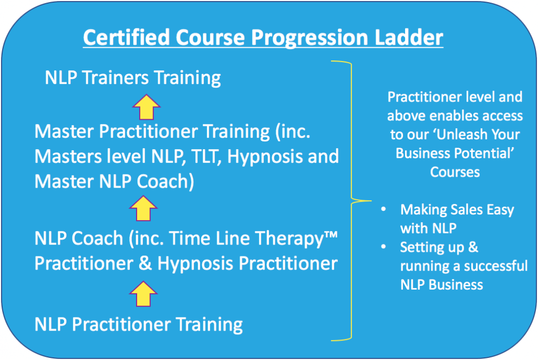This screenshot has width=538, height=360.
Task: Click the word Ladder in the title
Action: coord(409,37)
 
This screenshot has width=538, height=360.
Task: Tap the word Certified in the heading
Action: coord(127,37)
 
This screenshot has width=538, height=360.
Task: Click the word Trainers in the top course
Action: coord(116,77)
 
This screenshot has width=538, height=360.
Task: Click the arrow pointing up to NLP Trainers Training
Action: coord(146,107)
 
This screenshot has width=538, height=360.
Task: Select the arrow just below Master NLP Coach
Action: coord(143,208)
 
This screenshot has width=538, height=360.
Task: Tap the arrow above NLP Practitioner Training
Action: coord(143,294)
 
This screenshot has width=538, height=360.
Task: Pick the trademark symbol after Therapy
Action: coord(331,235)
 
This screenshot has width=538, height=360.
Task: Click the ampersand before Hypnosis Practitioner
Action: coord(146,264)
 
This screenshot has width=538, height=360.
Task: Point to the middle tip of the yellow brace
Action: coord(371,201)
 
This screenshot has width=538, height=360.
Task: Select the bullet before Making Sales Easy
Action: coord(384,209)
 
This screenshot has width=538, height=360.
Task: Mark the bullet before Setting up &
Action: coord(384,246)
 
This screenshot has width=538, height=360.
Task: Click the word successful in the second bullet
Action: coord(491,266)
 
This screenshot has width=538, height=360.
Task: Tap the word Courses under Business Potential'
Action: coord(455,172)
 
